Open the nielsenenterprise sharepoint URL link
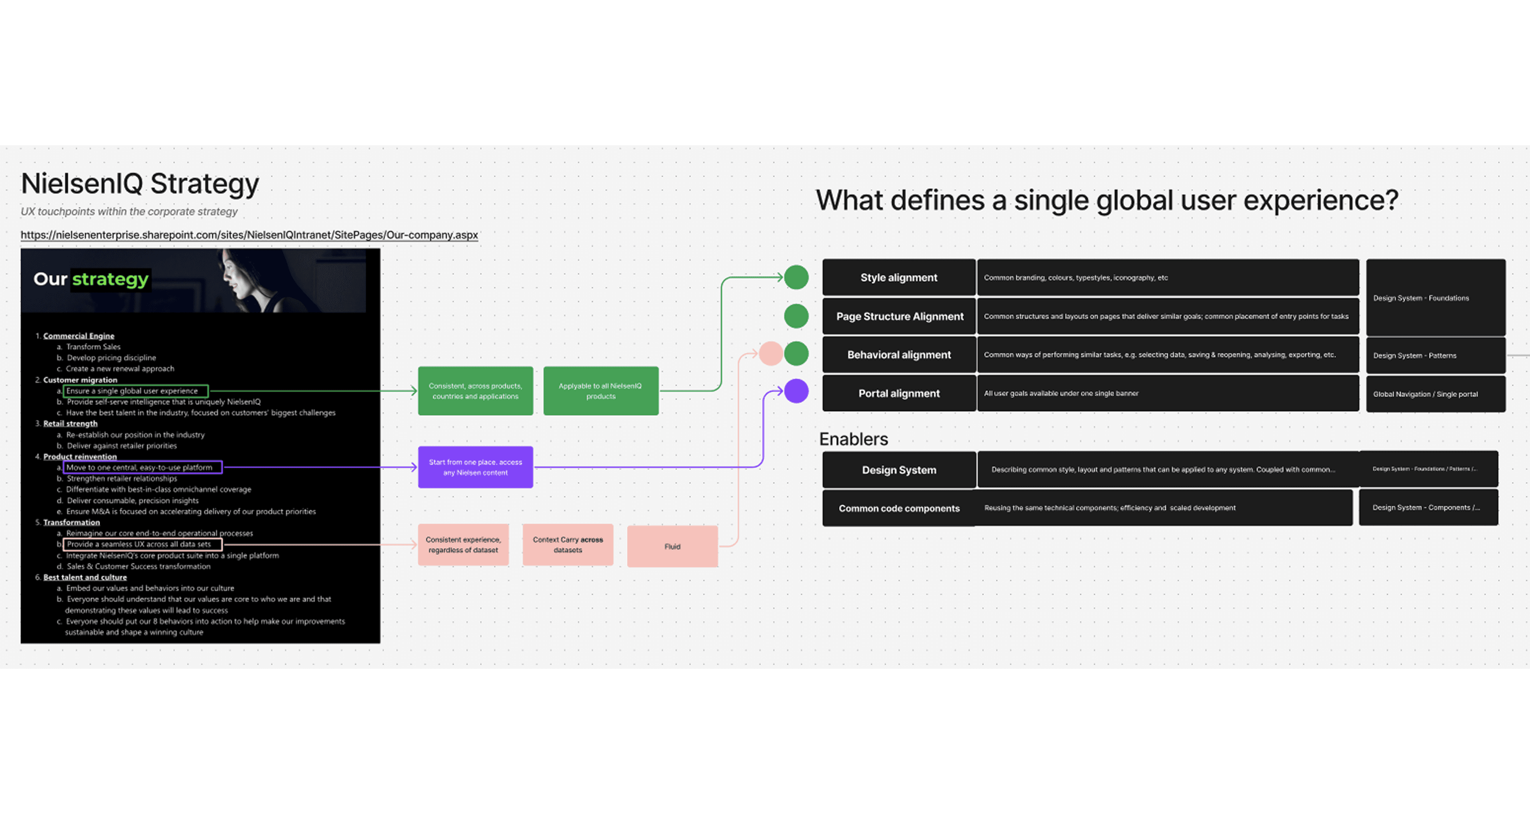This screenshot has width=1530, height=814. point(249,235)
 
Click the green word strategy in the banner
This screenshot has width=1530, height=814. point(110,279)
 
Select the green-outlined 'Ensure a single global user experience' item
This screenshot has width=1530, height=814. point(135,391)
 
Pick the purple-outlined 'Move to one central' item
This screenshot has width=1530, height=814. point(143,467)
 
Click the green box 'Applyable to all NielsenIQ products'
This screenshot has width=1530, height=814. point(600,391)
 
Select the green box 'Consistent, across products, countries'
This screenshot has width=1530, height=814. point(475,391)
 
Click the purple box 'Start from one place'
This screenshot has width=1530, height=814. point(475,467)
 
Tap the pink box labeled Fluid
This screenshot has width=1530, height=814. point(672,546)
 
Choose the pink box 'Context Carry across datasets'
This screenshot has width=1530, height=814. point(567,544)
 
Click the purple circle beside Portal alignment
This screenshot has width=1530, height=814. point(796,391)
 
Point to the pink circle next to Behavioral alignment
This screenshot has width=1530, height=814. point(770,354)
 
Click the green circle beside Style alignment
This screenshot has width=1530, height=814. point(796,277)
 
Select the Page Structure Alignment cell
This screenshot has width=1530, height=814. point(899,317)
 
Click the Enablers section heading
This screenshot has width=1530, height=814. point(853,439)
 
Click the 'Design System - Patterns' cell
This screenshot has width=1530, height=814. point(1435,356)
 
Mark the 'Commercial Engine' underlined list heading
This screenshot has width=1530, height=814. point(78,336)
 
